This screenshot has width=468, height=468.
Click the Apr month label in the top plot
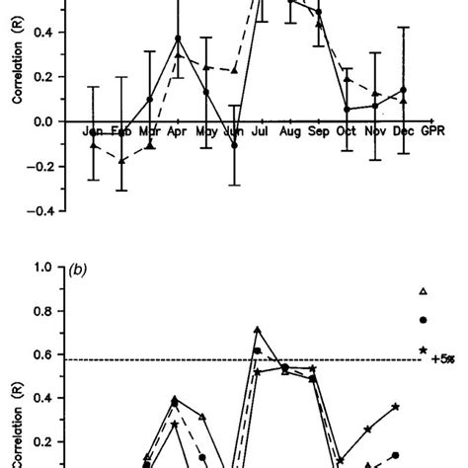click(x=177, y=131)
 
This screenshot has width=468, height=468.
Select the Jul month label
click(x=262, y=131)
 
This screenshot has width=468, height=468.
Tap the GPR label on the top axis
click(x=432, y=131)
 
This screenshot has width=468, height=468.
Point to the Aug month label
click(x=290, y=131)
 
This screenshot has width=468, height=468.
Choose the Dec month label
click(x=404, y=131)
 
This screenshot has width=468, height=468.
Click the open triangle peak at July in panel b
click(x=258, y=330)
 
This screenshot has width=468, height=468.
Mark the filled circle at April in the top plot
click(x=178, y=39)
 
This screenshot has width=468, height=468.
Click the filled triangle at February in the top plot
click(x=121, y=160)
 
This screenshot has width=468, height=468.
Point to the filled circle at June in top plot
click(x=235, y=145)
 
